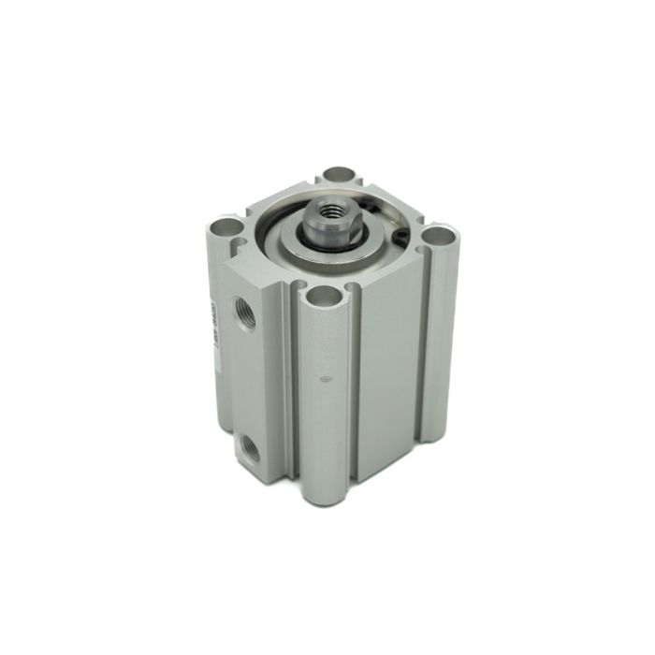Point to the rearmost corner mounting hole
pos(340,175)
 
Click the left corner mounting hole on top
pos(224,226)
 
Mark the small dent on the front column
pos(325,380)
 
